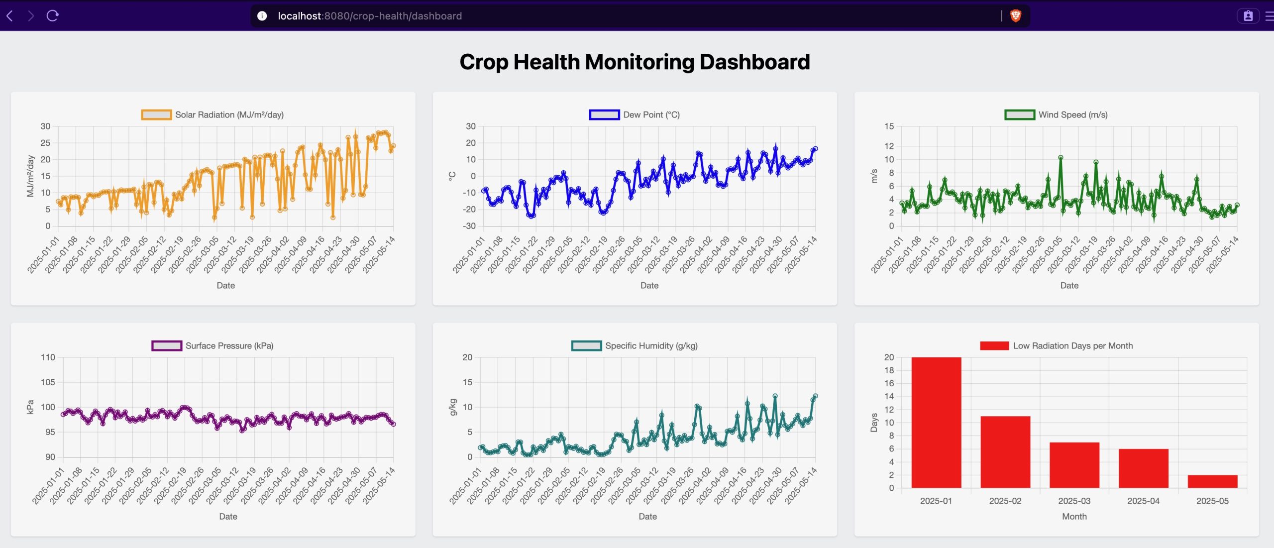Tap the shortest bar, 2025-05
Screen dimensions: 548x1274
(x=1212, y=481)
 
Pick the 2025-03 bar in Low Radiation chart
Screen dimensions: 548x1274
(x=1074, y=465)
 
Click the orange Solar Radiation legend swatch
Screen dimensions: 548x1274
(x=156, y=115)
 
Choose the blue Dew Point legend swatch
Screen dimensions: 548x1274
(x=604, y=115)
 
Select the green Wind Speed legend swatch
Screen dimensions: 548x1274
(x=1020, y=115)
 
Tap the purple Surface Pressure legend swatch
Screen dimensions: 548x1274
(x=167, y=346)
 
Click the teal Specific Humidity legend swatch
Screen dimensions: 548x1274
(x=587, y=346)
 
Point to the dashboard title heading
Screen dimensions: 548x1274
(x=635, y=62)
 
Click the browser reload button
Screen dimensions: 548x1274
(x=53, y=16)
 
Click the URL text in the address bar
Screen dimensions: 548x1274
(x=370, y=16)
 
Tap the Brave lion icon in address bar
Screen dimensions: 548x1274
(x=1016, y=16)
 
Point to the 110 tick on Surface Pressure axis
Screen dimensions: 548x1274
(x=48, y=357)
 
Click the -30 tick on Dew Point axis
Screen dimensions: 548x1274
(x=469, y=226)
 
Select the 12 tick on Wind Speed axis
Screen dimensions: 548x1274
(x=889, y=146)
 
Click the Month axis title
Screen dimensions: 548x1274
(x=1074, y=517)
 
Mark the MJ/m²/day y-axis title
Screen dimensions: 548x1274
(x=30, y=176)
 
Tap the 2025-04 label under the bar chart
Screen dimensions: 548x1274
(x=1143, y=501)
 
